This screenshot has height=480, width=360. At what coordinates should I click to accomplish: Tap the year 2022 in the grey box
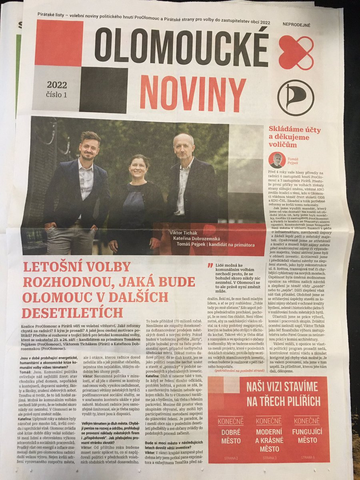57,85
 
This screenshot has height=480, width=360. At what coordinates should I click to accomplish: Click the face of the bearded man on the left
89,147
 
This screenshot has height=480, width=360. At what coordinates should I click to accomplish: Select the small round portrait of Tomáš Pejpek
277,160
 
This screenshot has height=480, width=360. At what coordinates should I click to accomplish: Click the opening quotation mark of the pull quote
211,265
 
